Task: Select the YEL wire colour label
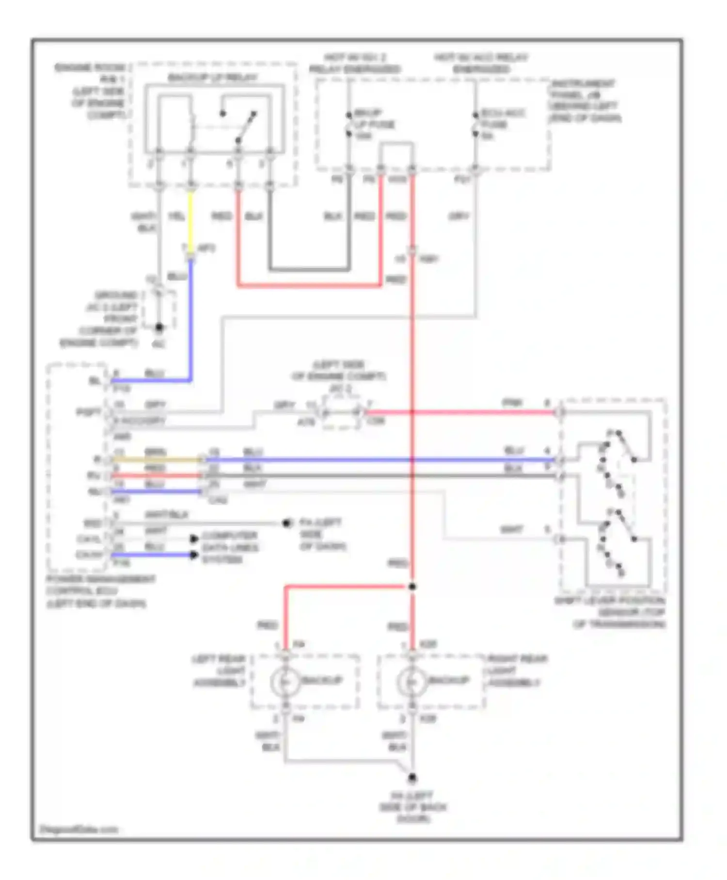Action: pos(176,216)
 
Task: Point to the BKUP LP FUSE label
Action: pos(373,125)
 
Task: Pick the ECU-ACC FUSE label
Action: pos(495,125)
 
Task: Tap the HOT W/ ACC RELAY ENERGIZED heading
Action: pos(481,63)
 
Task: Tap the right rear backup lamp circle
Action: pos(412,682)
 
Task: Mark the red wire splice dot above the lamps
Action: pos(412,587)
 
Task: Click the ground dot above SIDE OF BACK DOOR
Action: pos(412,779)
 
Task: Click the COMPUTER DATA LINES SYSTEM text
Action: pos(230,548)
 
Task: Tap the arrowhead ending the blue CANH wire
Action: pos(194,554)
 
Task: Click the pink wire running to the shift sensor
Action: pos(460,413)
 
